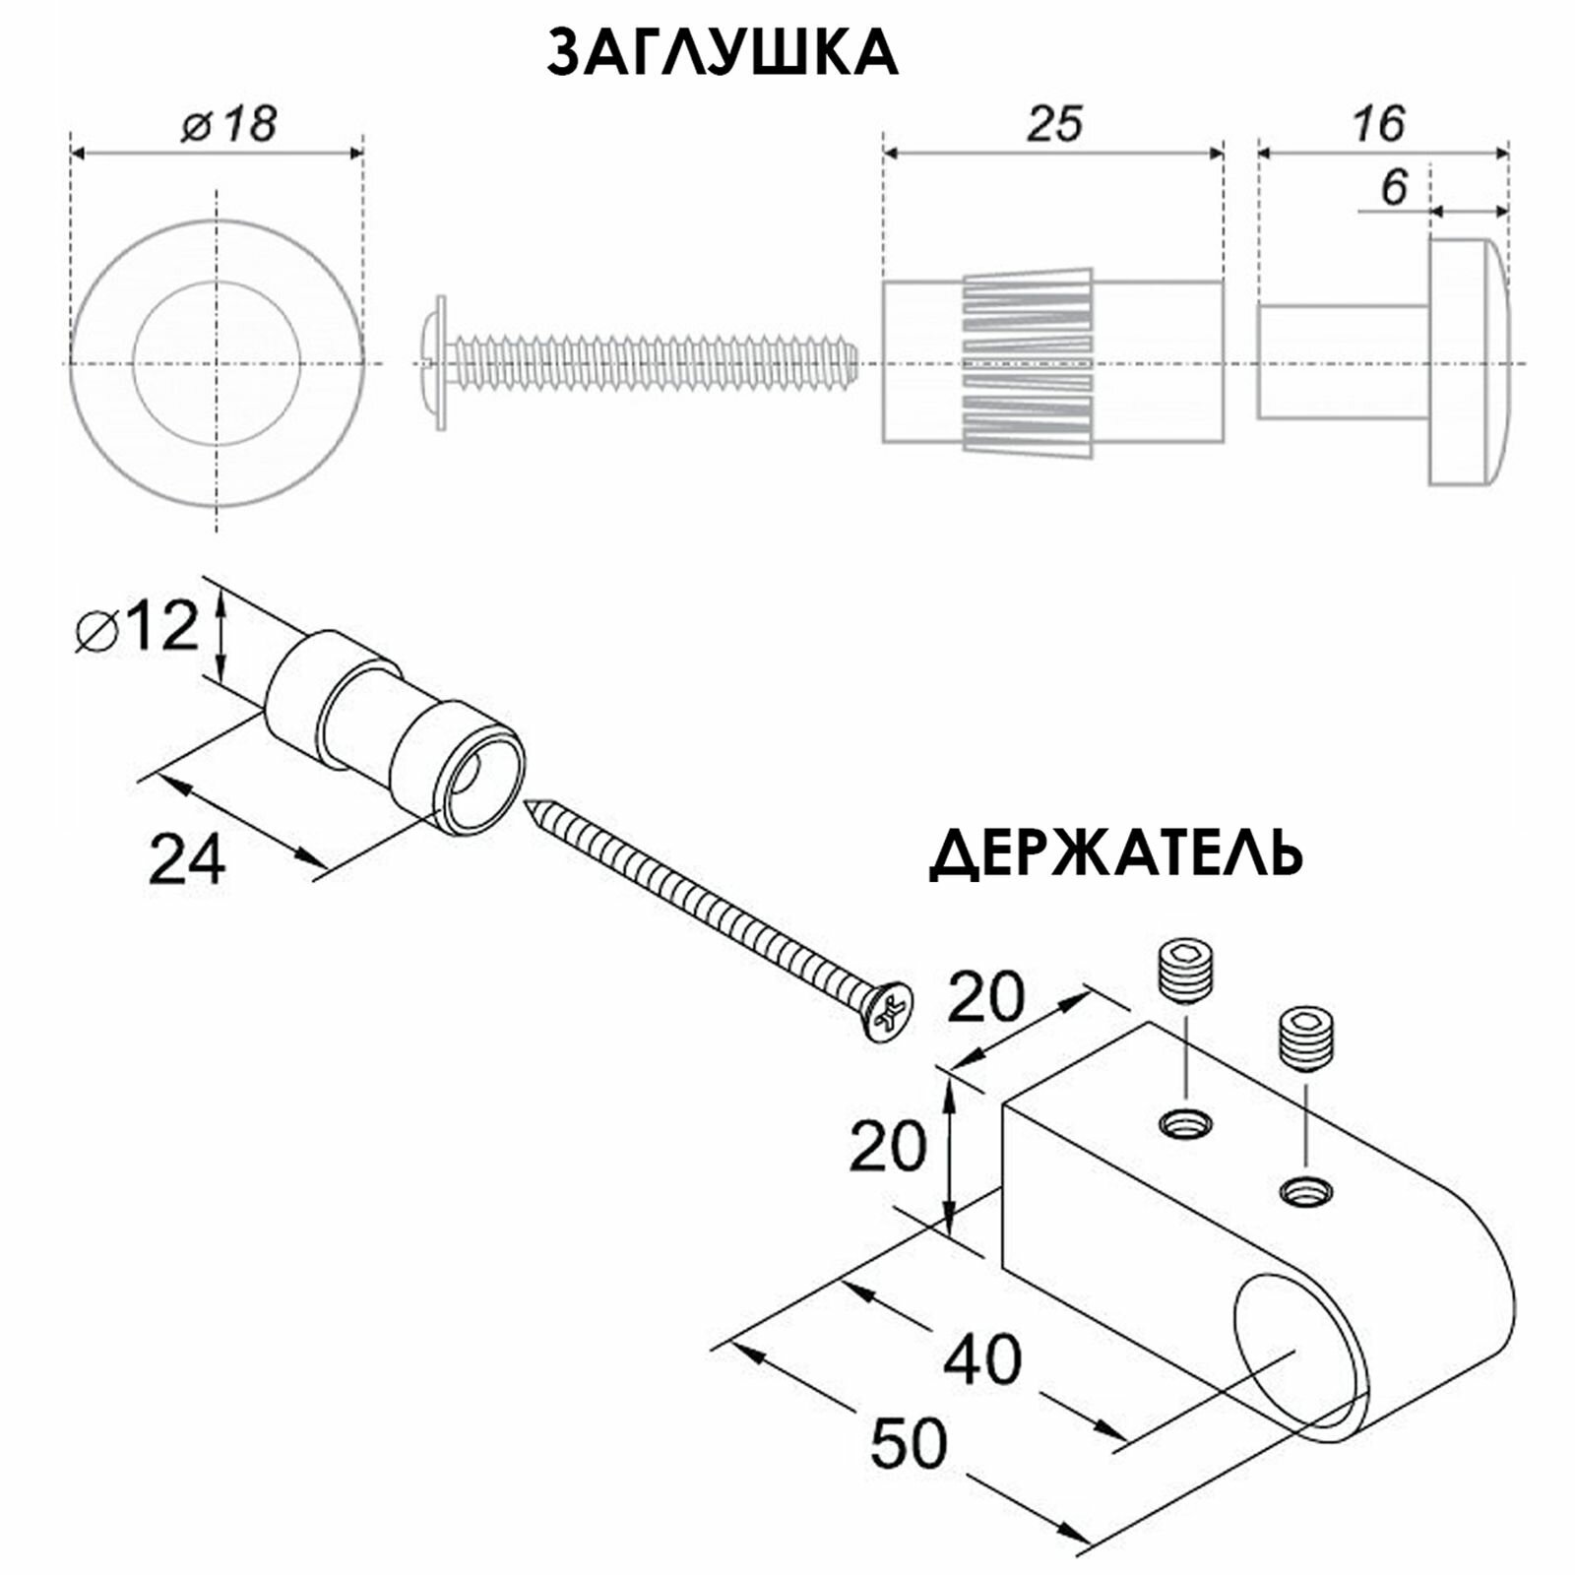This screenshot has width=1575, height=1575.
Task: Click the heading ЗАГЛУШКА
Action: [x=722, y=53]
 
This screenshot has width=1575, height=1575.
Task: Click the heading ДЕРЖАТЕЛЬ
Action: [x=1116, y=853]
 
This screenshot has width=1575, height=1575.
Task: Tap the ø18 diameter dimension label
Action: [x=228, y=125]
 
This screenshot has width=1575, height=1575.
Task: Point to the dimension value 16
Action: [x=1377, y=124]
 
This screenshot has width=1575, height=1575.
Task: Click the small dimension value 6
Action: [x=1394, y=187]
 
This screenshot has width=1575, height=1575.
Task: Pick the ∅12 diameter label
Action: [x=138, y=627]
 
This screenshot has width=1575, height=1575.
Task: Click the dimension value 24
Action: [x=186, y=858]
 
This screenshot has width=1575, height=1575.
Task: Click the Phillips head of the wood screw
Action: [x=888, y=1011]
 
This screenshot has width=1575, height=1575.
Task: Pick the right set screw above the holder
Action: [x=1306, y=1039]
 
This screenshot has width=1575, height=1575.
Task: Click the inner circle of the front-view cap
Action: [x=217, y=362]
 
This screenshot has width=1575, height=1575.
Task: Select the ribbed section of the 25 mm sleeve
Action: [x=1027, y=362]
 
